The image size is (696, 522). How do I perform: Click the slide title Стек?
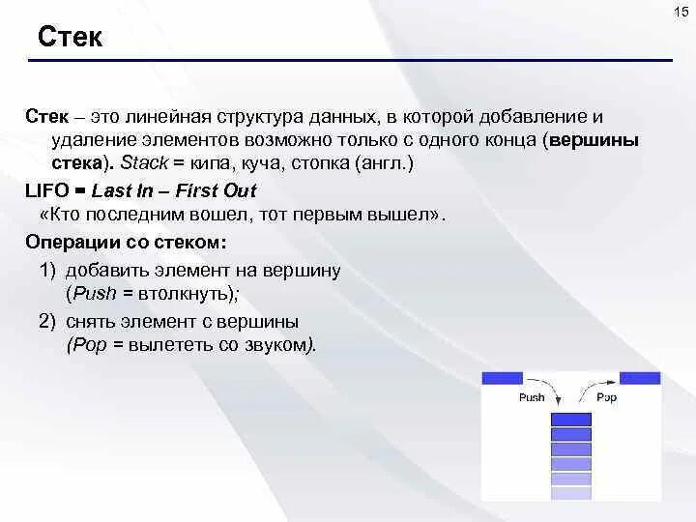71,37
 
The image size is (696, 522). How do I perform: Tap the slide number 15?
681,12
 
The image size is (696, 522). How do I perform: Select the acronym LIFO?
47,190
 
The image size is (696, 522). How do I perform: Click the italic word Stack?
144,163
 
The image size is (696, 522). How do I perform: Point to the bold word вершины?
594,140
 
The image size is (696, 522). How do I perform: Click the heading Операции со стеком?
126,243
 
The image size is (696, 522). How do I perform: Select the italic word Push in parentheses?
95,294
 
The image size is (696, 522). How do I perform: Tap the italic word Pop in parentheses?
90,345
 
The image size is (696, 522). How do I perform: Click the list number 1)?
48,271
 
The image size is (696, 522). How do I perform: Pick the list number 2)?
47,321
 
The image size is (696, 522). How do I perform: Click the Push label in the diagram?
532,397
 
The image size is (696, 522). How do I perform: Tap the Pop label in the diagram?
607,397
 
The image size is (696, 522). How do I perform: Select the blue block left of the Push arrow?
503,379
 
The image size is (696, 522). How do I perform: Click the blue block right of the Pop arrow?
640,379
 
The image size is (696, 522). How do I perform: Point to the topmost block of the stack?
571,420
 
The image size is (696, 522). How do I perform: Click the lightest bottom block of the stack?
571,493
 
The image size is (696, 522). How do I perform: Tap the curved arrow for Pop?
592,387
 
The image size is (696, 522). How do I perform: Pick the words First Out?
216,190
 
